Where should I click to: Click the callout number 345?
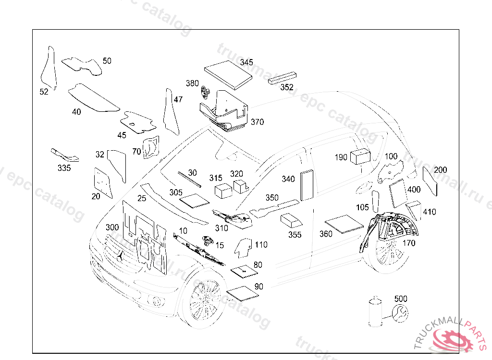point(246,62)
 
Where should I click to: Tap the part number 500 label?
point(401,299)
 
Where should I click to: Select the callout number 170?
point(409,243)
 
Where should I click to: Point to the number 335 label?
point(64,168)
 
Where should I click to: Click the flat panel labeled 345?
point(229,75)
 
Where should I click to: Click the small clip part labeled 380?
point(207,92)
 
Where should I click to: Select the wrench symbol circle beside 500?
point(400,313)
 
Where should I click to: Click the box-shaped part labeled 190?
point(360,157)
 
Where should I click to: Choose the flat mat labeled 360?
point(344,224)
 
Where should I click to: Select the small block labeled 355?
point(291,221)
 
